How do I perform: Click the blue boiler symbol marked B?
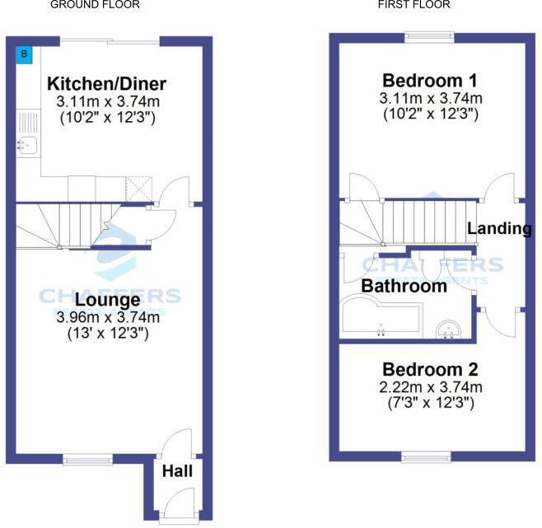click(26, 54)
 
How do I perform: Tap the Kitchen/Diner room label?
click(107, 84)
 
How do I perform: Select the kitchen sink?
click(26, 147)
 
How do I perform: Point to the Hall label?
click(177, 471)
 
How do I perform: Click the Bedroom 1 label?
click(430, 81)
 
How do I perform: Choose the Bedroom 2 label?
click(430, 370)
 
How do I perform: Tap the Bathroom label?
click(404, 287)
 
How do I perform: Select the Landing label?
click(499, 229)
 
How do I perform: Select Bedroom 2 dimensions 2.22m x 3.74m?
click(430, 387)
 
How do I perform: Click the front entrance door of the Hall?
click(177, 517)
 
